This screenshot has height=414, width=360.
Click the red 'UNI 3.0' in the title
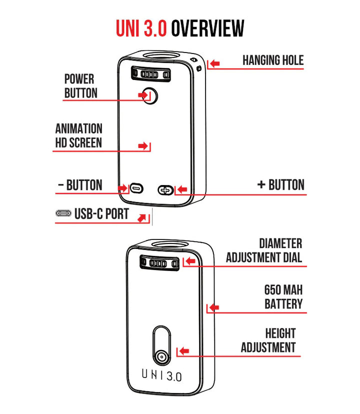coord(141,28)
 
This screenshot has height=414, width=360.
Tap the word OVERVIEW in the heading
coord(207,28)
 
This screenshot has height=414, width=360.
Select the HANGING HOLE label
coord(273,60)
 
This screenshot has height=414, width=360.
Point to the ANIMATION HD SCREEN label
coord(78,136)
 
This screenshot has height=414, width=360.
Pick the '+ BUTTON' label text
coord(280,185)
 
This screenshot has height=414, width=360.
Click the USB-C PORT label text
coord(101,214)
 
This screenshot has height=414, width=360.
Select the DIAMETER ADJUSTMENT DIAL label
coord(264,251)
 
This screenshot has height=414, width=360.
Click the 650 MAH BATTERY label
coord(283,297)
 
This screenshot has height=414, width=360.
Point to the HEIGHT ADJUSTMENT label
coord(268,340)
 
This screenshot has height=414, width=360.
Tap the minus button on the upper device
coord(136,189)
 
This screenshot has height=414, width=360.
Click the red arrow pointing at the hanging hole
coord(214,63)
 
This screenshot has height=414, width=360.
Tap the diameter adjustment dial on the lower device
coord(158,263)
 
